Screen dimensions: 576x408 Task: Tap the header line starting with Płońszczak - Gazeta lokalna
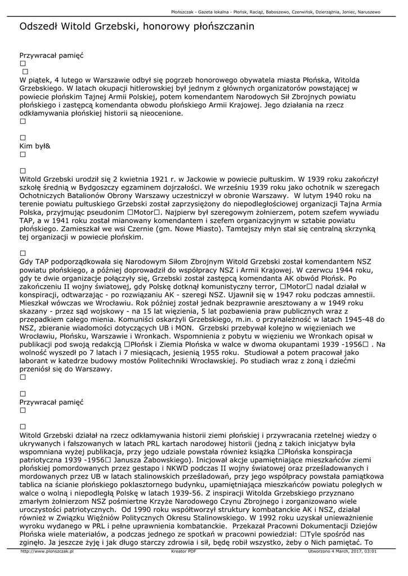coord(275,11)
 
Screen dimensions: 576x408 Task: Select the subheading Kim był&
coord(35,146)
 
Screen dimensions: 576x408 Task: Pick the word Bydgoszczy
coord(113,187)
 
